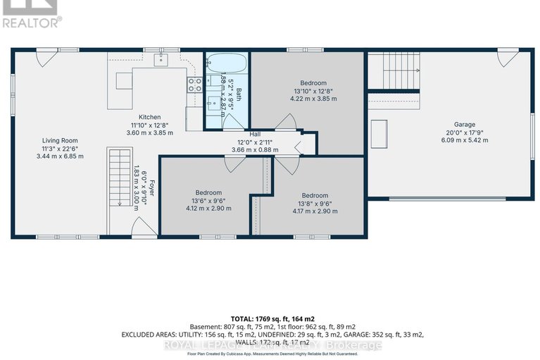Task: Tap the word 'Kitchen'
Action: coord(149,117)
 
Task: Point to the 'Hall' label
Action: coord(256,132)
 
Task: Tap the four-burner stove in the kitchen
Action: coord(195,85)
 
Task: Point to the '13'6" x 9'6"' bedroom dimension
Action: coord(208,200)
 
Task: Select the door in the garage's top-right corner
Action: coord(508,57)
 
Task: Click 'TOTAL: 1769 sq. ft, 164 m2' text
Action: coord(270,319)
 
